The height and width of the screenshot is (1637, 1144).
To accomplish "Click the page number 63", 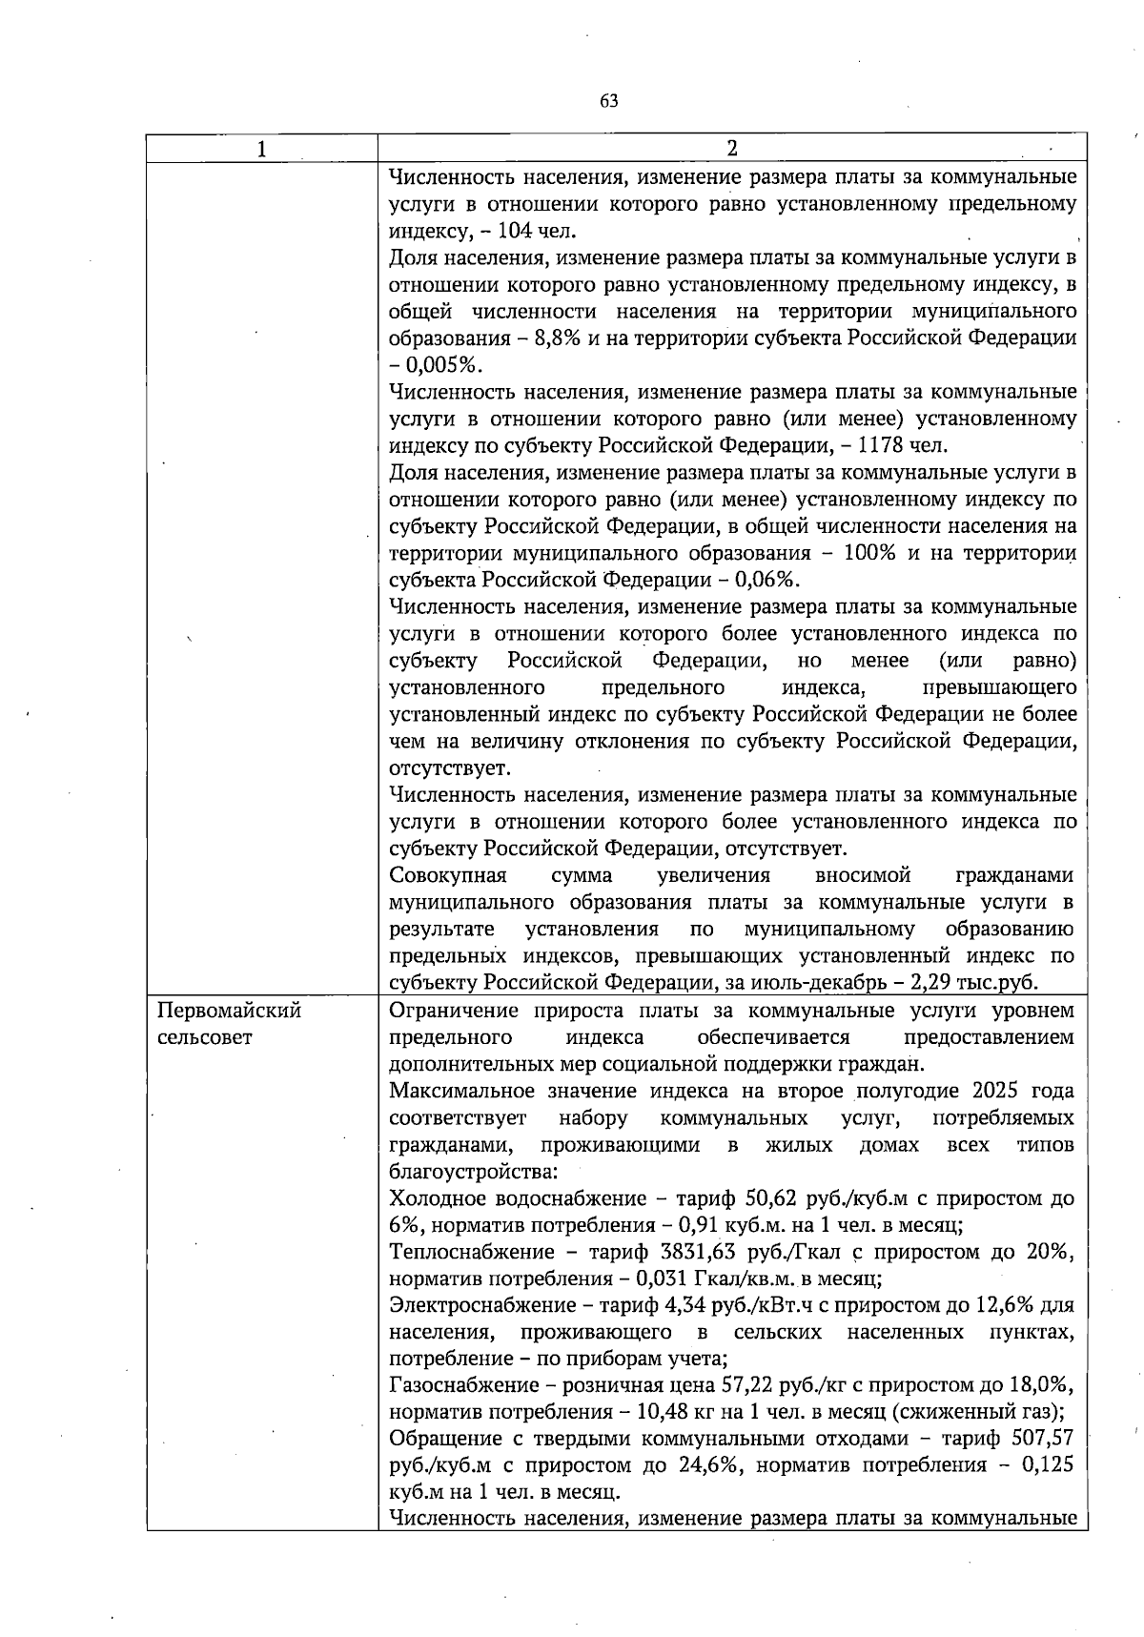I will click(610, 101).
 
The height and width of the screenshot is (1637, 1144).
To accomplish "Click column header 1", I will click(261, 150).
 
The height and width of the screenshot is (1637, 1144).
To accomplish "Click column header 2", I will click(731, 149).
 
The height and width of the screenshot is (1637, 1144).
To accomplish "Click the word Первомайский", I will click(229, 1011).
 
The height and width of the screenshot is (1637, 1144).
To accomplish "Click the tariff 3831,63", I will click(701, 1252).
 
